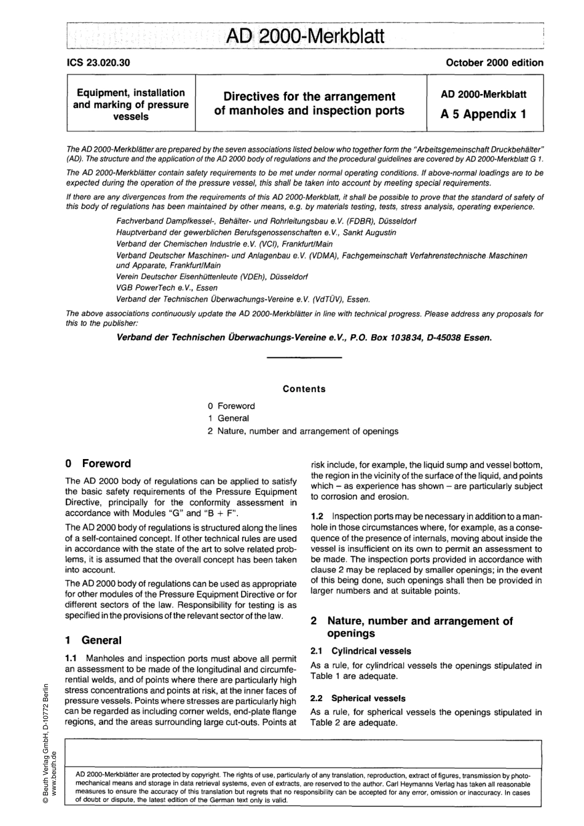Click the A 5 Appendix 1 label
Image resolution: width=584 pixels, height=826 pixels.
click(483, 114)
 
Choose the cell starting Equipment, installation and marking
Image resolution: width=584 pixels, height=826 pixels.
click(130, 104)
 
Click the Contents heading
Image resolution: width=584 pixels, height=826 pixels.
click(304, 388)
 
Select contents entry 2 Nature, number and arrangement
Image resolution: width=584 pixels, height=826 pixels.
click(303, 431)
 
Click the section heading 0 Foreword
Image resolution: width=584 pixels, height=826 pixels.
click(98, 463)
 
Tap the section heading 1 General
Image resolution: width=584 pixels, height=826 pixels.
click(93, 640)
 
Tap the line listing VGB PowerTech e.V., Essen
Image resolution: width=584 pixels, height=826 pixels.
click(167, 287)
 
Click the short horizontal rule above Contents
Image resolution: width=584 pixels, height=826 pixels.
click(305, 358)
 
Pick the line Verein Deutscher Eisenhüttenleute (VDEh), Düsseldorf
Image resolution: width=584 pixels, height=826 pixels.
click(212, 277)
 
